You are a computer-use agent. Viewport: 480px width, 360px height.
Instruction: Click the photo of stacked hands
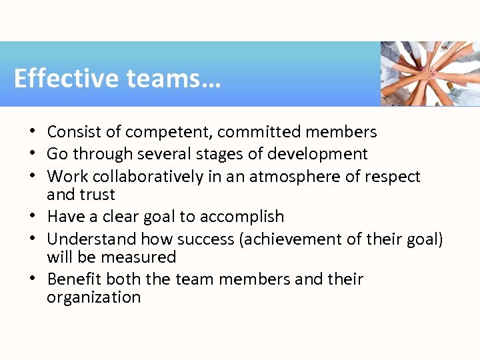pos(430,73)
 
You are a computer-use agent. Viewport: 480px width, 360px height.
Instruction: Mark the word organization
pos(94,297)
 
